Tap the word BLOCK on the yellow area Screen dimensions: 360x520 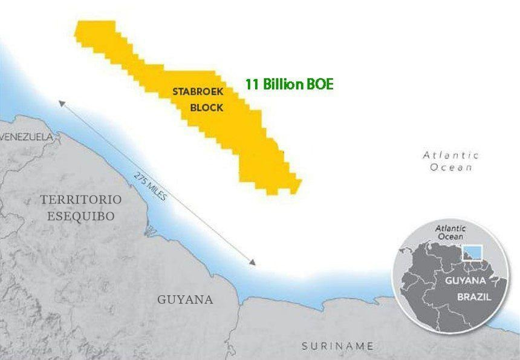click(x=206, y=108)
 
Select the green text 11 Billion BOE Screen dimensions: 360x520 click(x=289, y=84)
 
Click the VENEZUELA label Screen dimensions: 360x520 click(x=27, y=137)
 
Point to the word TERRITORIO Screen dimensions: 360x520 click(x=81, y=200)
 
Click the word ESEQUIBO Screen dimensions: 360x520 click(x=81, y=216)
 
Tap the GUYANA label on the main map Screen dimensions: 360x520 click(x=185, y=299)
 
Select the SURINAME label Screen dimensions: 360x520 click(x=337, y=346)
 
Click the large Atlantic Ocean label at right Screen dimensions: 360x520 click(x=451, y=161)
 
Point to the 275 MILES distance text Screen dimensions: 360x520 click(x=151, y=187)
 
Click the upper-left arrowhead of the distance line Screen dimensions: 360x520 click(x=61, y=102)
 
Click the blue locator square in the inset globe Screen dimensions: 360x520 click(x=472, y=252)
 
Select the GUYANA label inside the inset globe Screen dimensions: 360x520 click(x=466, y=281)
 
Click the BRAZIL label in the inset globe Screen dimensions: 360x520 click(x=473, y=298)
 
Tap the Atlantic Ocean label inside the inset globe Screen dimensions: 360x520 click(x=451, y=232)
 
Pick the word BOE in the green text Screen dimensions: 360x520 click(x=320, y=84)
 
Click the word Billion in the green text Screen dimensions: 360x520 click(x=282, y=84)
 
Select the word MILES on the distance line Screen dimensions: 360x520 click(x=156, y=192)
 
